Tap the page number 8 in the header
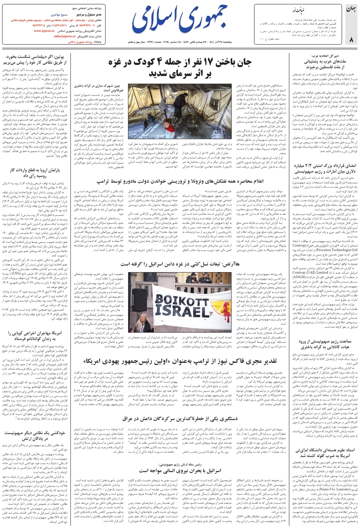point(351,39)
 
